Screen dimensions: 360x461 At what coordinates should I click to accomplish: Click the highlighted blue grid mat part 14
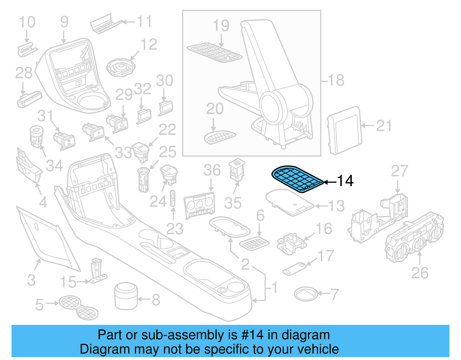297,179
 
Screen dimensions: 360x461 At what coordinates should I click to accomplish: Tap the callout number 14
345,181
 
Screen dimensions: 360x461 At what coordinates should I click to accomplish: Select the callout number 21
384,126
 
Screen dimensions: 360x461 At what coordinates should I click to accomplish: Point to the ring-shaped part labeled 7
306,294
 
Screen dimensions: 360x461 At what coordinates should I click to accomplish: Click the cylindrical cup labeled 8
126,296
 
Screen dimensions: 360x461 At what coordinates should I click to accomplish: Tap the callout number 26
420,273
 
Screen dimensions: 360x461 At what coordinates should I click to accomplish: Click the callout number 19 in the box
221,26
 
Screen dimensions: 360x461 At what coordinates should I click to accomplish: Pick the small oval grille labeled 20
220,137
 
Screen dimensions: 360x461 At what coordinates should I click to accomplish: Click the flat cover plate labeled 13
290,202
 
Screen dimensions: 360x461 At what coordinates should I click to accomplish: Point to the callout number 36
212,170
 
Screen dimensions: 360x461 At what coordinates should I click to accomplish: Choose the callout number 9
64,22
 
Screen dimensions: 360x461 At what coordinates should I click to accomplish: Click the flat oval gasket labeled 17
294,269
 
